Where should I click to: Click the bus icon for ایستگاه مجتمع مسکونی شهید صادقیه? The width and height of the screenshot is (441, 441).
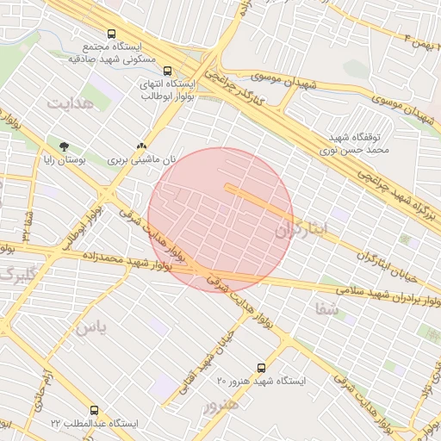[x=111, y=34]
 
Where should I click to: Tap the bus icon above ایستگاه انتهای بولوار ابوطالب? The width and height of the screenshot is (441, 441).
[x=167, y=71]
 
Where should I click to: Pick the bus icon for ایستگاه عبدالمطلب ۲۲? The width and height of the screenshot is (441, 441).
[x=94, y=411]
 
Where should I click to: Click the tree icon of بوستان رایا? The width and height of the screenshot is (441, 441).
[x=64, y=146]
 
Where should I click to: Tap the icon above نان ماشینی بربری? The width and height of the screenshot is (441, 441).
[x=141, y=146]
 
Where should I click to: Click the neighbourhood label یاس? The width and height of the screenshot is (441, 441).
[x=91, y=328]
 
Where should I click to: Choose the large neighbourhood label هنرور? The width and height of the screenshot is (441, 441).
[x=219, y=405]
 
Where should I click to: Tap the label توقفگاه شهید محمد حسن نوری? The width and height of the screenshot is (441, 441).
[x=360, y=143]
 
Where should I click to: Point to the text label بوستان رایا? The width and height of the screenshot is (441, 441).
[x=64, y=160]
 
